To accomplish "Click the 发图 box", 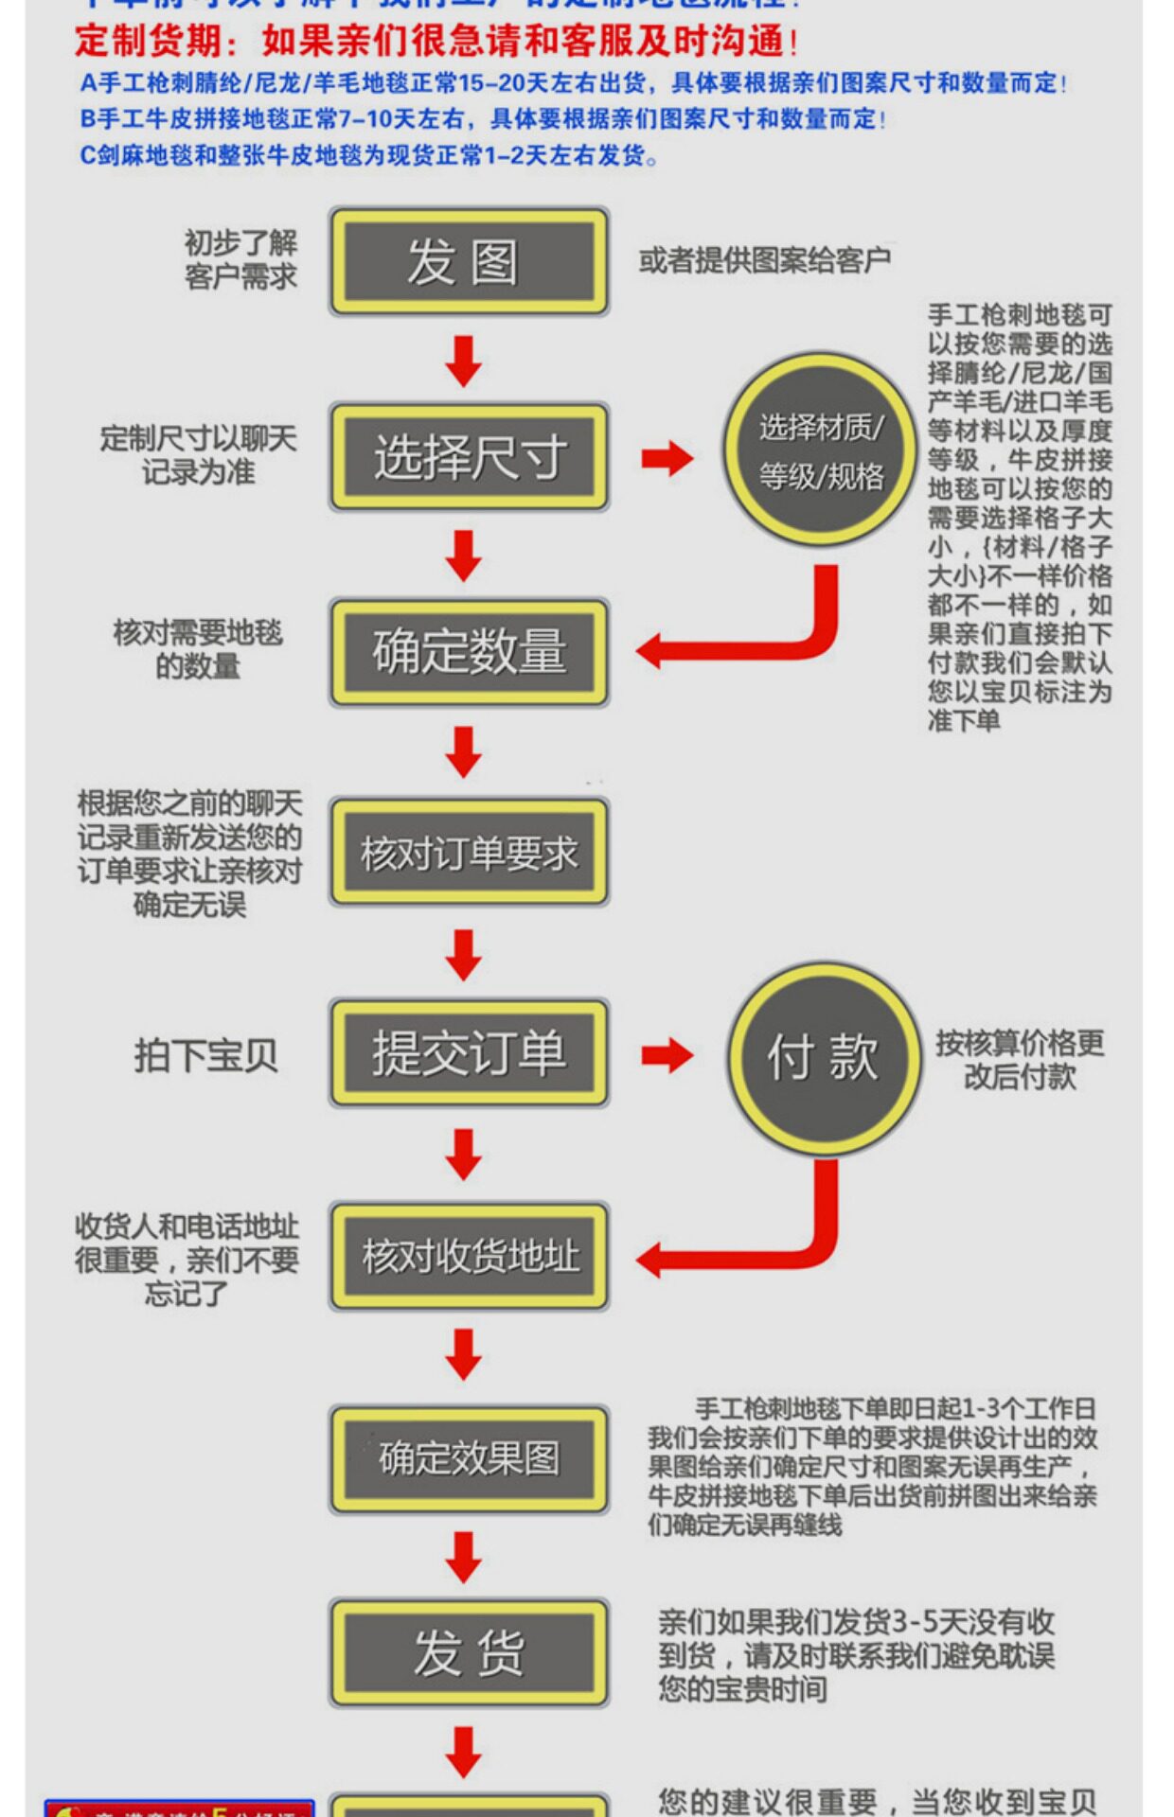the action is (x=469, y=261).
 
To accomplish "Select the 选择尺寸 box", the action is (x=469, y=457).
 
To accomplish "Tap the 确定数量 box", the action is (x=469, y=652).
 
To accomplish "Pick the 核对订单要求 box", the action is (x=469, y=853).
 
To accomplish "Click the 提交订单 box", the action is (x=469, y=1052).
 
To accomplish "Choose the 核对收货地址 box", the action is (x=469, y=1256).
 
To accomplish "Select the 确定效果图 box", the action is (x=469, y=1458).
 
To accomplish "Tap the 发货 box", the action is (x=469, y=1652).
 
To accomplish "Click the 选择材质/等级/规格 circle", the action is (x=820, y=450).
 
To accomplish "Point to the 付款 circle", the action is (x=823, y=1057).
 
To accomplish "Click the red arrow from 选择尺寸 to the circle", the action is (x=667, y=459).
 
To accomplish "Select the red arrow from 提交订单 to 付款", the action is (x=667, y=1055).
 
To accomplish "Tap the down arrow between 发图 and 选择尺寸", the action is (x=464, y=361).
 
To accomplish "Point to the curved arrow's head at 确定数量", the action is (x=651, y=651).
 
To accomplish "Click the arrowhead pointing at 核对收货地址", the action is (x=651, y=1260).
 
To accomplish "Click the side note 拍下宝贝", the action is (x=205, y=1055).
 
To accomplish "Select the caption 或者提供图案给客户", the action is (x=764, y=260).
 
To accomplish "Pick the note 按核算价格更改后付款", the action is (x=1020, y=1060).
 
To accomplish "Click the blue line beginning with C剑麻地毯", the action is (x=368, y=155).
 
